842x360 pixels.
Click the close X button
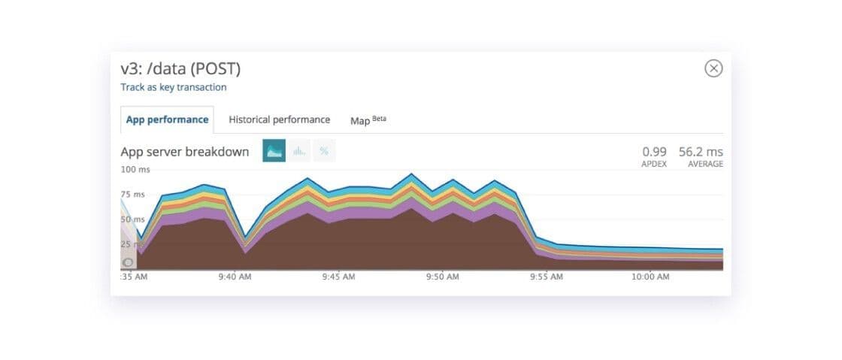713,68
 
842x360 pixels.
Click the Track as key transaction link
174,87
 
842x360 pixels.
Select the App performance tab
167,119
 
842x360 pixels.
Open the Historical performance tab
279,119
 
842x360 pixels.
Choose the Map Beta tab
368,120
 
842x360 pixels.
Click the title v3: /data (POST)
180,68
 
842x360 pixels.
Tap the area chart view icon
274,151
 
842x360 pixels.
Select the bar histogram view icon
299,151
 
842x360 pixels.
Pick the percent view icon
324,151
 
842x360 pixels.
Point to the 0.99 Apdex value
655,151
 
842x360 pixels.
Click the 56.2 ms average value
701,151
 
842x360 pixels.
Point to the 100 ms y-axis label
135,170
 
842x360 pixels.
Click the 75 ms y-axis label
132,195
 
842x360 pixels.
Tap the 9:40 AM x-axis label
235,277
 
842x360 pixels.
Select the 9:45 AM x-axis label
338,277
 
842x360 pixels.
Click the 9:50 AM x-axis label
442,277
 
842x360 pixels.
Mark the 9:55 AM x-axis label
546,277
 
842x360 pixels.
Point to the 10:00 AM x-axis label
650,277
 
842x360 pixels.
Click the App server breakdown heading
185,152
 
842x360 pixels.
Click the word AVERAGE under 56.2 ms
705,164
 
